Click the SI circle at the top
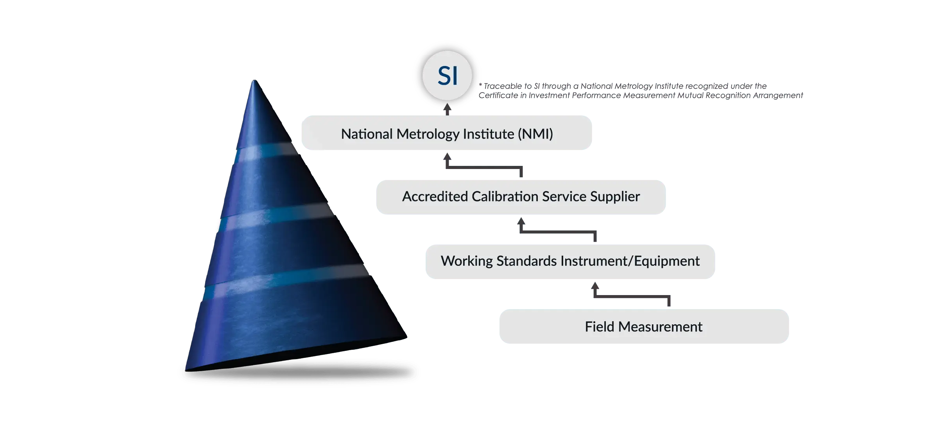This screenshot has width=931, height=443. pos(447,75)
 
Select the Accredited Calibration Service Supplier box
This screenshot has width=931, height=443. pos(520,196)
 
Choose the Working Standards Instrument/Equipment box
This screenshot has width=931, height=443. pos(570,262)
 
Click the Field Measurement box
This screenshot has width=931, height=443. pos(644,327)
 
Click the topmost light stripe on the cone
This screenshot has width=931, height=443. pos(266,152)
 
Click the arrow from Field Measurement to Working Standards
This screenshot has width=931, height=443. pos(631,297)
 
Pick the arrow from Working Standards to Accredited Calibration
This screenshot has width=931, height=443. pos(557,231)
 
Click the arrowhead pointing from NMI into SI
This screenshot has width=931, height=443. pos(448,109)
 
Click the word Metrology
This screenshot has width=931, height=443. pos(428,134)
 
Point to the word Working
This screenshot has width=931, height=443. pos(467,261)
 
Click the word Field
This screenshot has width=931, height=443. pos(599,327)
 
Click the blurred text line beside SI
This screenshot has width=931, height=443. pos(641,91)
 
